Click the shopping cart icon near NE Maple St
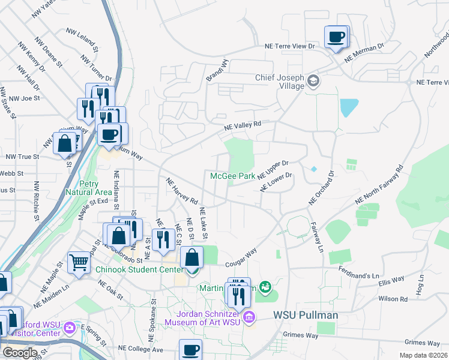(79, 263)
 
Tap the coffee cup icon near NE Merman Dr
(336, 37)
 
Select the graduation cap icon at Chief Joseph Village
(313, 80)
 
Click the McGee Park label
(232, 176)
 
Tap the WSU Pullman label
(306, 315)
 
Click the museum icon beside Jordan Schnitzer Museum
(250, 317)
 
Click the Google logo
(20, 352)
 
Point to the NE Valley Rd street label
(243, 125)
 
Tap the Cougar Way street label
(241, 257)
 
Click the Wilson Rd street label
(393, 298)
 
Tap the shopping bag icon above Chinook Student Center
(191, 258)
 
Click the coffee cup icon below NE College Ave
(191, 350)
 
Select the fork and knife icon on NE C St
(163, 240)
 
